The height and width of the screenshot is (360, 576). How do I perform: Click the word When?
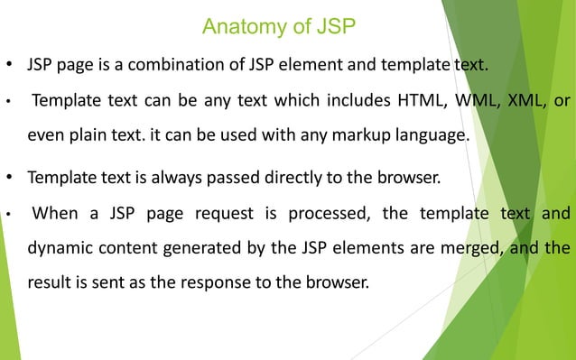tap(56, 214)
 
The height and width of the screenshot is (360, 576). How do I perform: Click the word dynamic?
tap(60, 248)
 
